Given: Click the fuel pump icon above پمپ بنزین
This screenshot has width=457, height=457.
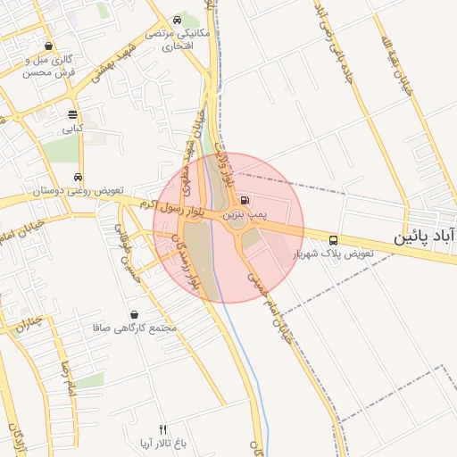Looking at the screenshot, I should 245,201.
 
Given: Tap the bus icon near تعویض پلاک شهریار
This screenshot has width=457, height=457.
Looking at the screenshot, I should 333,239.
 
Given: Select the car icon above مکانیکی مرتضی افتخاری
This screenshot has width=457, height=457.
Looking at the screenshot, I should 179,20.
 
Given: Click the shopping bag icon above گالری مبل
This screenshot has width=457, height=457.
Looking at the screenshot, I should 47,46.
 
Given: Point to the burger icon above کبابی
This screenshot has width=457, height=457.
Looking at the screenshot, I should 72,114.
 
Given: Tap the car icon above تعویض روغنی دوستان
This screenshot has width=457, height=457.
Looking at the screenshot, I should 79,177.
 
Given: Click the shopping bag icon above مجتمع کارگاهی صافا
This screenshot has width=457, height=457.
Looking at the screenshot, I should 134,314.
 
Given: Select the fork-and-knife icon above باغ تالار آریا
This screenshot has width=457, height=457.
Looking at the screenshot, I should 162,429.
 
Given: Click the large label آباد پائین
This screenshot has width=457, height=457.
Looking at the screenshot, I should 426,236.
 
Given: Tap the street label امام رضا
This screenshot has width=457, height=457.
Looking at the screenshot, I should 65,379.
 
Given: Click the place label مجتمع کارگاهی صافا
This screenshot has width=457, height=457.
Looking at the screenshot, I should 135,328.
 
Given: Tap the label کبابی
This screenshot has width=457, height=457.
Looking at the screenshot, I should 72,129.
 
